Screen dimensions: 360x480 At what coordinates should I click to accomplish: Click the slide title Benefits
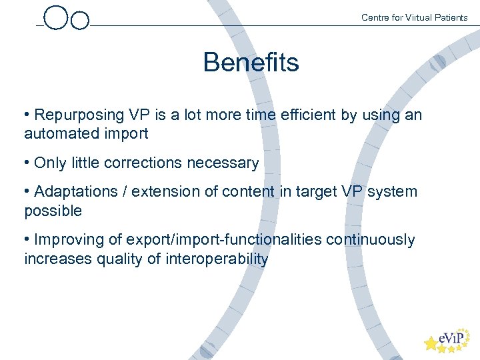coord(251,63)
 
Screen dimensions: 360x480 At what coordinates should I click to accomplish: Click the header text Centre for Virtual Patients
coord(414,17)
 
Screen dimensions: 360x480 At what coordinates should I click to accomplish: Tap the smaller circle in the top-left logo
coord(79,21)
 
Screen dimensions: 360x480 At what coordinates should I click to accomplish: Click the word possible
coord(53,211)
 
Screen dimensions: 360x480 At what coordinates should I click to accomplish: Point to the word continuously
coord(371,240)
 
